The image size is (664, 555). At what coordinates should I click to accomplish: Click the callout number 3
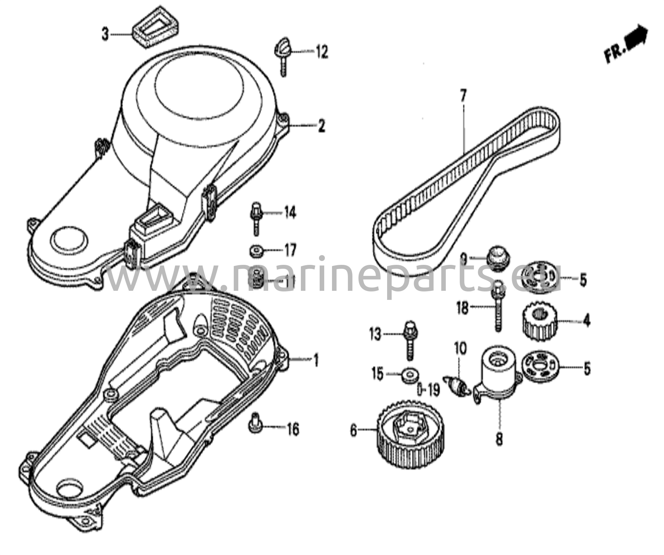tap(105, 34)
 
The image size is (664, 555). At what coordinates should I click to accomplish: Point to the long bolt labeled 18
tap(499, 306)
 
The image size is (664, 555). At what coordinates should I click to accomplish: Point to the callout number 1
tap(315, 360)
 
